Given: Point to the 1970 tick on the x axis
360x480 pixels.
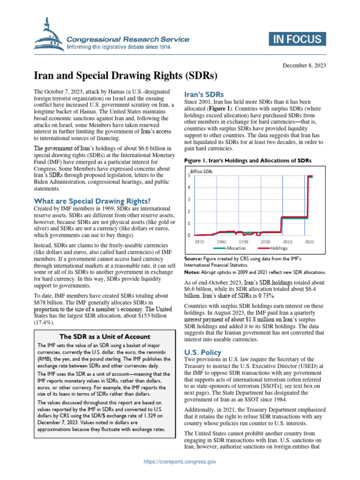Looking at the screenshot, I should pos(199,241).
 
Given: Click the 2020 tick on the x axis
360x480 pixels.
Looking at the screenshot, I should pos(309,241).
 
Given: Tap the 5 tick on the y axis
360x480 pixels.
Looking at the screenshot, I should pos(188,176).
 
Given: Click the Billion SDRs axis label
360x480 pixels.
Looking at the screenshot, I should pos(202,172).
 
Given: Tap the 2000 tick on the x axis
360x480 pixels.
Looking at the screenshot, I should pos(265,241).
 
